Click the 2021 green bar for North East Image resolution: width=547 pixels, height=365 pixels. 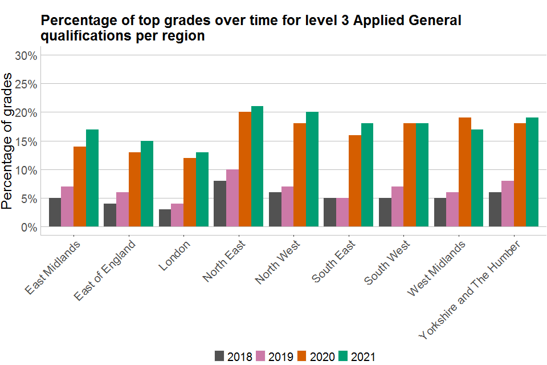point(257,167)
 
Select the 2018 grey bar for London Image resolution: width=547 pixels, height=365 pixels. point(165,218)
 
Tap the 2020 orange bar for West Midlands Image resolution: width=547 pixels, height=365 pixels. point(465,172)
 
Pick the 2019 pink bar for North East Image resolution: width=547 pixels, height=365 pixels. point(232,198)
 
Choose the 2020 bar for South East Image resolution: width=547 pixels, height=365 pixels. point(355,181)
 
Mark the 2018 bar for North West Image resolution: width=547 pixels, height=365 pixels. point(275,209)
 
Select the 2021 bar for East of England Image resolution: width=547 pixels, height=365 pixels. point(147,184)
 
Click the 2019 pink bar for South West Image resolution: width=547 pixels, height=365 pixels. point(398,206)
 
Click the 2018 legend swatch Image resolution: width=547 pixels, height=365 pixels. point(219,356)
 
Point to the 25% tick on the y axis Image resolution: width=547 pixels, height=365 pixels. point(26,84)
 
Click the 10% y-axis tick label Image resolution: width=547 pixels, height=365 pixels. point(26,170)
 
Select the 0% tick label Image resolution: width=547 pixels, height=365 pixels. point(29,227)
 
